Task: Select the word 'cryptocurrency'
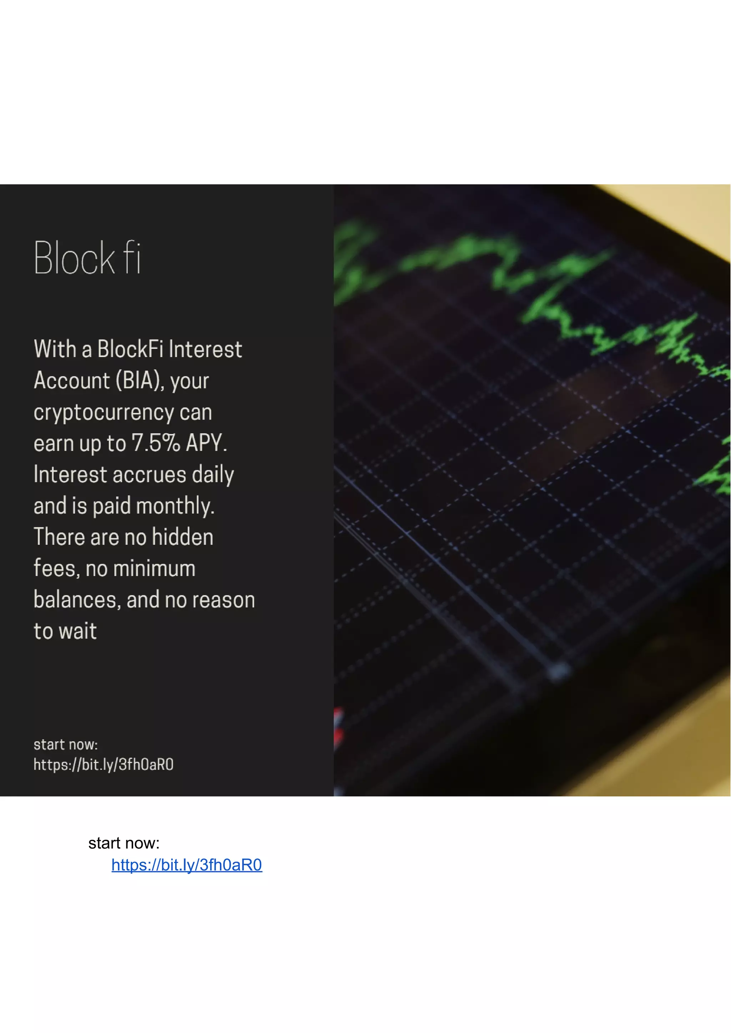(x=104, y=412)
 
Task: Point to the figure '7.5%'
(x=156, y=443)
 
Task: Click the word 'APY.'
(x=206, y=443)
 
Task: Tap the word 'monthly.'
(x=175, y=506)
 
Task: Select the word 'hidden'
(x=182, y=537)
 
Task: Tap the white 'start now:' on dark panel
(x=66, y=745)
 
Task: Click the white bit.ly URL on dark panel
(x=104, y=764)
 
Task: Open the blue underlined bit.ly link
(x=186, y=865)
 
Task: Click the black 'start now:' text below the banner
(x=124, y=843)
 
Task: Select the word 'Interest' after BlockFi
(x=205, y=350)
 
